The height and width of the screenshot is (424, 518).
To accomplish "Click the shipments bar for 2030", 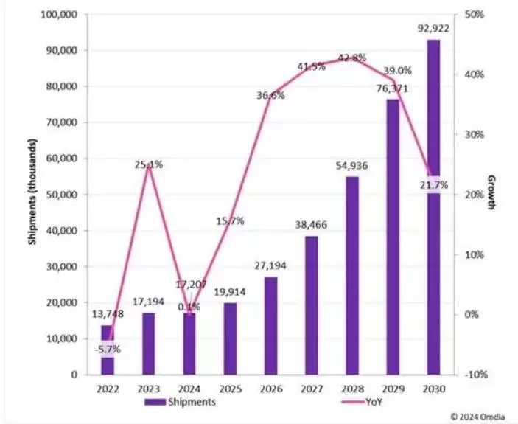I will tap(433, 207).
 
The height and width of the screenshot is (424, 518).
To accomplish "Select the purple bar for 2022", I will tap(108, 350).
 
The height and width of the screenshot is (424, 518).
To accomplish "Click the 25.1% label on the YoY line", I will tap(149, 164).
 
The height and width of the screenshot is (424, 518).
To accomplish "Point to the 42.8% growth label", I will tap(352, 58).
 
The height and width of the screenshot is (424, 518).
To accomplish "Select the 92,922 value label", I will tap(433, 29).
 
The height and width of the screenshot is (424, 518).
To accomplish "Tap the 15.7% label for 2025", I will tap(230, 220).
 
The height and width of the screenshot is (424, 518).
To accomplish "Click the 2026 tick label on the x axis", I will tap(270, 387).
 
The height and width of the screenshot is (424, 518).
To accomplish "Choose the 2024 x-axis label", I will tap(189, 387).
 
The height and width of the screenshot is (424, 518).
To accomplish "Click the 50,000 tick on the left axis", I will tap(63, 195).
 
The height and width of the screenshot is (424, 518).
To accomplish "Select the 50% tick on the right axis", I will tap(472, 15).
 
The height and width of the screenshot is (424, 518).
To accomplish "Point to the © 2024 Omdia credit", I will tap(477, 417).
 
